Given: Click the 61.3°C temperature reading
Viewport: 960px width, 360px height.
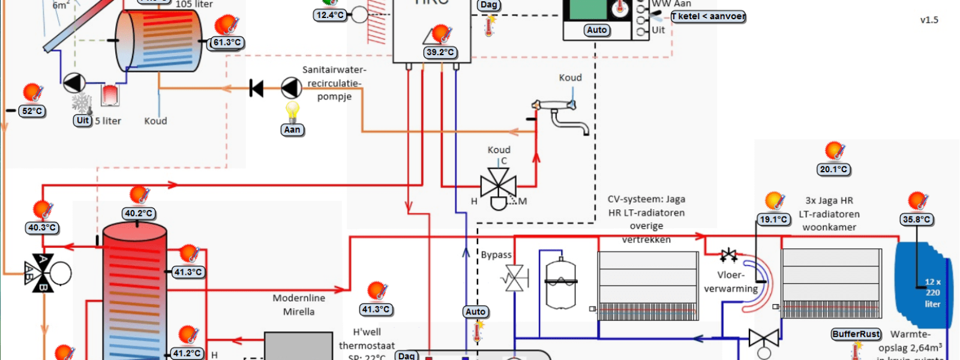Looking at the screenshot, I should (x=227, y=43).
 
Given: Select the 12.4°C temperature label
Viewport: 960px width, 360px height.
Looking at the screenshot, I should (x=331, y=15).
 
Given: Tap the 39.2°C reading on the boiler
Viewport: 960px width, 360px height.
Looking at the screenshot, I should (x=440, y=52).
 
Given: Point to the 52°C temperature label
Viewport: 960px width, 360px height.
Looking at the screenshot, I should (x=32, y=111).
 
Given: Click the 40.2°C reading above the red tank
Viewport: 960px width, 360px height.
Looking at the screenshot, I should (x=139, y=214).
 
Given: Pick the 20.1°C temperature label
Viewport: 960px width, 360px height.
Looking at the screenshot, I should (x=834, y=169).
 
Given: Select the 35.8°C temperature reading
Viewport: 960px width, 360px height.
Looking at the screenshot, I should (x=917, y=220).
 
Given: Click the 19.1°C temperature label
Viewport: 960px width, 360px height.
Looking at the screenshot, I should (x=773, y=220).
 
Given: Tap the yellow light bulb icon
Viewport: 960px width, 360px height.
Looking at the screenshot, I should (x=292, y=111).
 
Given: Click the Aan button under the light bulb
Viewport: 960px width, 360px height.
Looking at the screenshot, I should (x=292, y=130).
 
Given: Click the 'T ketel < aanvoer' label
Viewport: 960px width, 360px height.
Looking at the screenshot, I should (x=708, y=16).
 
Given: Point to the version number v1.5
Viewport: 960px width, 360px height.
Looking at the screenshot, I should (x=929, y=20).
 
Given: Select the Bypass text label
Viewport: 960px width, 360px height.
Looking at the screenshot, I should (x=496, y=254).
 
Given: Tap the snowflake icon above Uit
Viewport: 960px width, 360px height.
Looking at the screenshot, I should (x=82, y=102).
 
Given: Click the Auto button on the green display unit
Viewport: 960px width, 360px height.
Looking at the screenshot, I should (x=597, y=30).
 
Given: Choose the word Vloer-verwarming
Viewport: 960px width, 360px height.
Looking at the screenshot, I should (x=731, y=281).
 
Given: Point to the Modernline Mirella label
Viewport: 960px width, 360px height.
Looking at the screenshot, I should (x=299, y=305).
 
